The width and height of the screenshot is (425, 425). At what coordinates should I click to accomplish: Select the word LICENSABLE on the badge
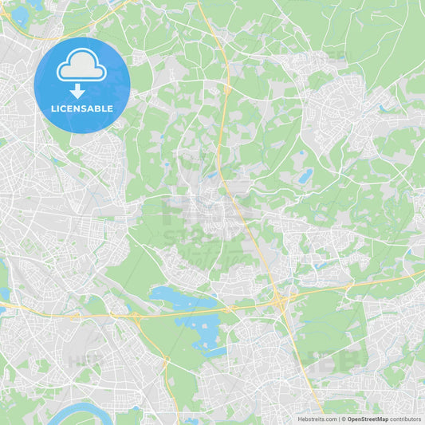(x=82, y=108)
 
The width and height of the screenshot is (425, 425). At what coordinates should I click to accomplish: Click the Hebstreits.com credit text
(x=316, y=418)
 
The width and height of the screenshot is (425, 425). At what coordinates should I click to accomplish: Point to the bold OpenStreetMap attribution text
(x=368, y=418)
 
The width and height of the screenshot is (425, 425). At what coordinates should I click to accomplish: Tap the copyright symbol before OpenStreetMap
(x=343, y=418)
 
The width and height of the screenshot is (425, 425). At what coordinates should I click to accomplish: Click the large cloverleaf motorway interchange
(x=279, y=301)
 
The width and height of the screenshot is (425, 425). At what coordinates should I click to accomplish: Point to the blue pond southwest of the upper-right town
(x=305, y=175)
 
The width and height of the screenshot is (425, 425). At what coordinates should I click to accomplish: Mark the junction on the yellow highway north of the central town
(x=227, y=89)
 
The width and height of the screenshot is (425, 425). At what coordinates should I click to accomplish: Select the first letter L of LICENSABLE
(x=53, y=108)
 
